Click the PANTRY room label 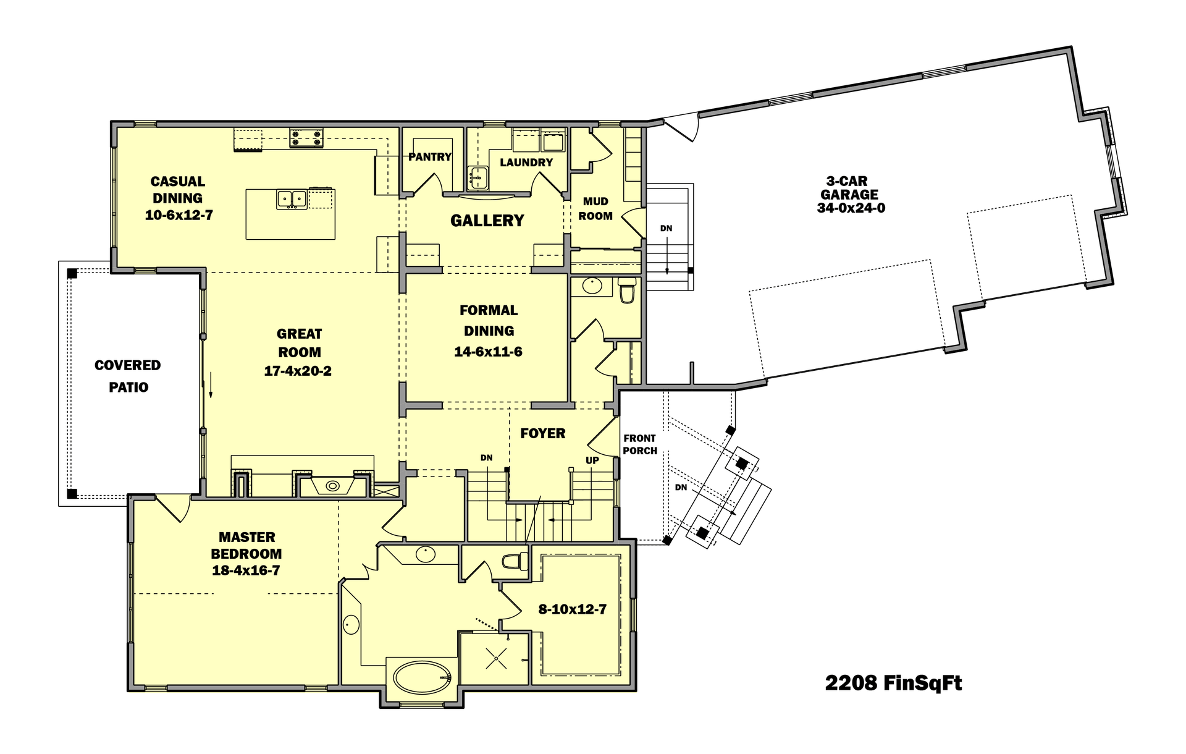coord(430,157)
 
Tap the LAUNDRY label coord(526,163)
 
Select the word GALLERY coord(487,221)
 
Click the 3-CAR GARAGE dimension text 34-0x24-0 coord(851,208)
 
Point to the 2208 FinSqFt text coord(893,683)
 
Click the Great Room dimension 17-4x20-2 coord(298,371)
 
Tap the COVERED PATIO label coord(128,376)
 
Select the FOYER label coord(542,433)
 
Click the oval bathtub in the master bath coord(422,677)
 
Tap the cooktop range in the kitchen coord(306,138)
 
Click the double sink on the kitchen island coord(292,199)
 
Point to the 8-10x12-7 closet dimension coord(572,609)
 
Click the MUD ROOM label coord(595,209)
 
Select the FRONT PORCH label coord(639,444)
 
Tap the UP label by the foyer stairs coord(592,460)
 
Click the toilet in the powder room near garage coord(627,290)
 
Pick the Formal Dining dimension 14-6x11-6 coord(488,352)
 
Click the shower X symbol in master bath coord(496,658)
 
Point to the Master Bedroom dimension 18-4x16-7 coord(246,570)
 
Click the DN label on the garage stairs coord(666,229)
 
